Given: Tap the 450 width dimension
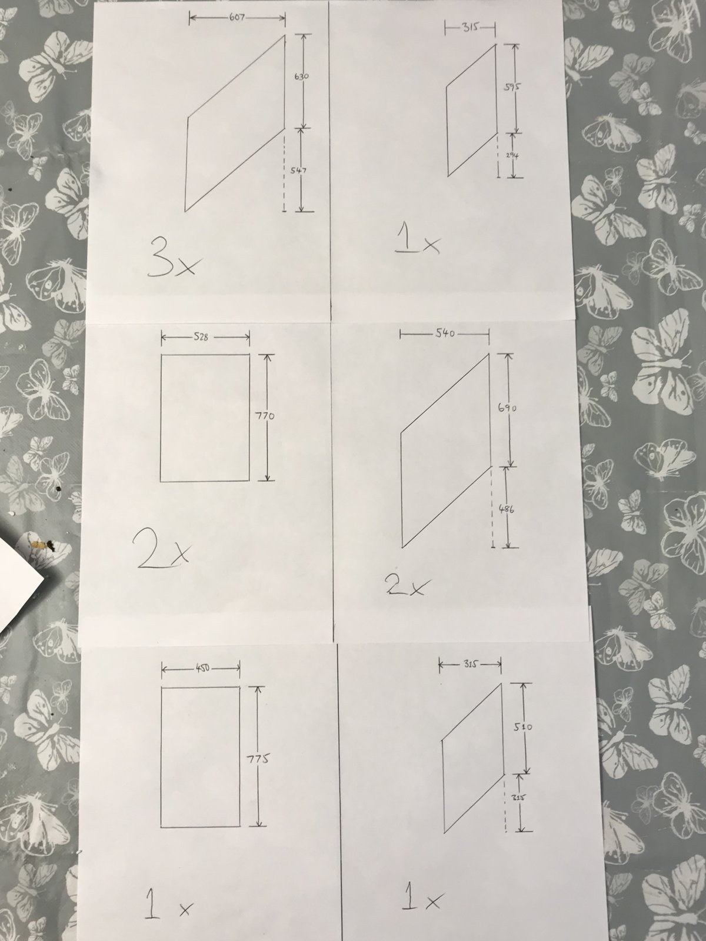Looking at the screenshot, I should [202, 668].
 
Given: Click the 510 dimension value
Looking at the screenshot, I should [522, 727].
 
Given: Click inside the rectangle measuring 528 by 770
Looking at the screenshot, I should [205, 418].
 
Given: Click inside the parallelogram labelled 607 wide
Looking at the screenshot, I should [235, 124].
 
